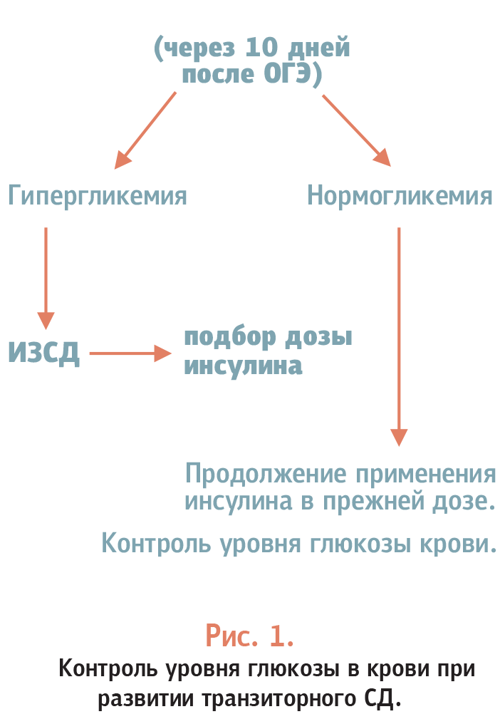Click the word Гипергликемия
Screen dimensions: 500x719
tap(97, 196)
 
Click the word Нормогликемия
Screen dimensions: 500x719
tap(400, 196)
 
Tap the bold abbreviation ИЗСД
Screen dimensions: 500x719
tap(44, 352)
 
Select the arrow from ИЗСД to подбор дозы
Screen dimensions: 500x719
tap(130, 353)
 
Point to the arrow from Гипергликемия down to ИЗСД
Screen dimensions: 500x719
tap(46, 279)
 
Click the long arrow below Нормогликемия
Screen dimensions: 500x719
tap(399, 336)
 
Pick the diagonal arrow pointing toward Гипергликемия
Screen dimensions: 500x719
tap(145, 130)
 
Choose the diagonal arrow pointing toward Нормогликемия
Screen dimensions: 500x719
tap(356, 130)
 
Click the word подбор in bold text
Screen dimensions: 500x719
tap(231, 338)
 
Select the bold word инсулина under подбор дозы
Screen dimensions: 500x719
tap(244, 366)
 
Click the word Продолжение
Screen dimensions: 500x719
tap(266, 474)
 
